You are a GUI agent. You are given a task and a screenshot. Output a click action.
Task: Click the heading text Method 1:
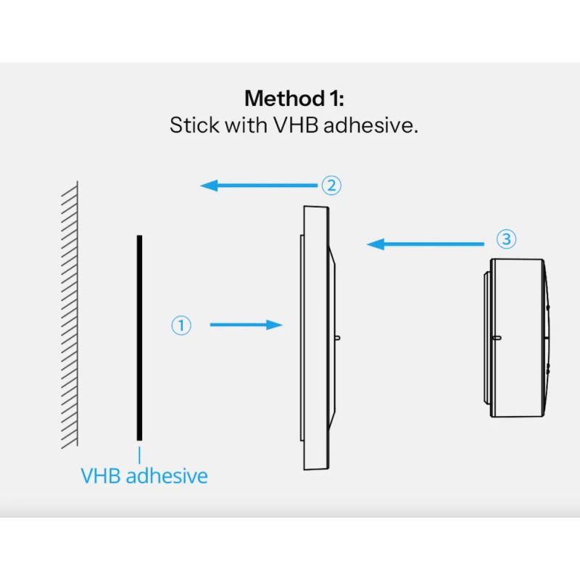point(294,98)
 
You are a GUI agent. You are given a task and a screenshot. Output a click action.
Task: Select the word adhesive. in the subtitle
point(370,125)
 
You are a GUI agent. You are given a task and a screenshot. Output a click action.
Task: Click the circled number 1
point(181,326)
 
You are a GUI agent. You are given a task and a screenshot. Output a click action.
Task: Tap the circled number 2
point(331,186)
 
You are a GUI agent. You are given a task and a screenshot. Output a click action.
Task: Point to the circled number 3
point(507,239)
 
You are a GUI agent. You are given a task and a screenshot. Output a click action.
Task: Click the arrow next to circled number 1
point(246,326)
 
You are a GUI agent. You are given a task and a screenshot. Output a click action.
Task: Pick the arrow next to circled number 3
point(424,244)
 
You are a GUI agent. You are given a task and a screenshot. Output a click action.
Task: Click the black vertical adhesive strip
point(139,337)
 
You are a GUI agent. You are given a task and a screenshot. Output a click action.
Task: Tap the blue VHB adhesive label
point(144,476)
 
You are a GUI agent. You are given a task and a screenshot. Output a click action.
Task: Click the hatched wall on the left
point(70,315)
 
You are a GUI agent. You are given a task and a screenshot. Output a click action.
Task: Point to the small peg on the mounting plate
point(337,338)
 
